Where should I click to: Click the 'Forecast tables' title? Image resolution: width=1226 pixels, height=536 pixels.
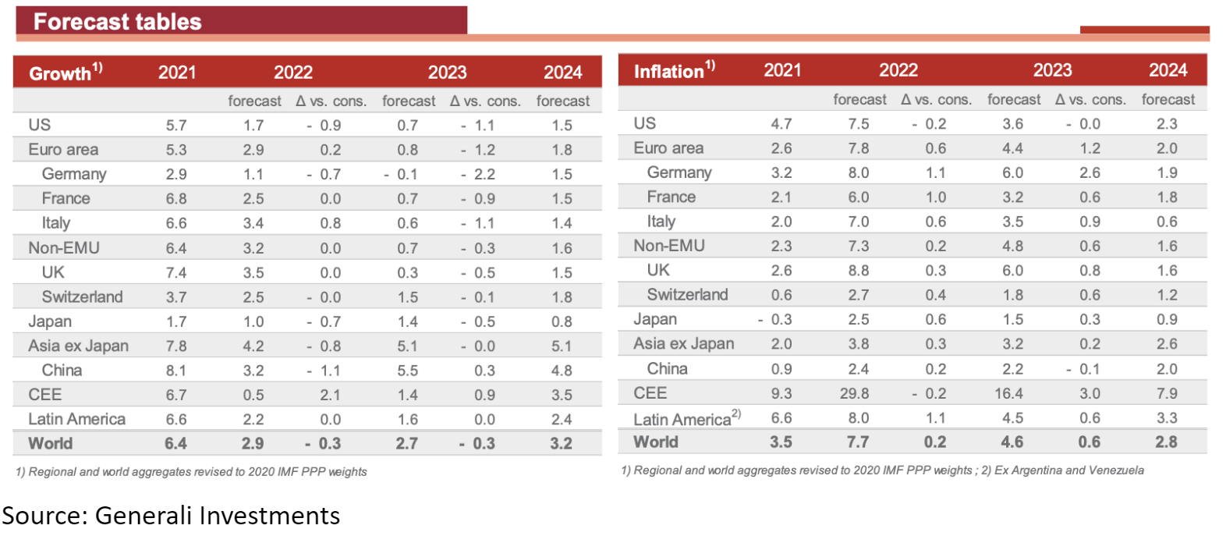[117, 22]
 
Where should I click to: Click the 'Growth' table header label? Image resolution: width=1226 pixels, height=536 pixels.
[60, 73]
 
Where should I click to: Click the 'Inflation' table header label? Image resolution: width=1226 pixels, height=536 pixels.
[668, 72]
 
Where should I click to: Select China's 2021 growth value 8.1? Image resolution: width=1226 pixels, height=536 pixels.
[175, 371]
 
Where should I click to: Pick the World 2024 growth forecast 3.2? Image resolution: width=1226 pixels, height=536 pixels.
[561, 444]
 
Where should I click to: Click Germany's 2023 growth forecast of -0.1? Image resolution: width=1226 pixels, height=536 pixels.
[401, 174]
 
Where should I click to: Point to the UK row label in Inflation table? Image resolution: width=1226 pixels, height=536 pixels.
[658, 270]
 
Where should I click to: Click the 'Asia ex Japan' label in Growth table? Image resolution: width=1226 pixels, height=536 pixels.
[78, 346]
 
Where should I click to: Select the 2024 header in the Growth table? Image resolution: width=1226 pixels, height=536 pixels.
[562, 73]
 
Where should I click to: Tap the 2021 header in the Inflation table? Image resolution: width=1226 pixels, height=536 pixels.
[782, 70]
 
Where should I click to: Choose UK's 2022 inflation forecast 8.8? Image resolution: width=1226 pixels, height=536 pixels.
[859, 271]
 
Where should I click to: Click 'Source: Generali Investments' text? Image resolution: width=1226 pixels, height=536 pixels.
[171, 516]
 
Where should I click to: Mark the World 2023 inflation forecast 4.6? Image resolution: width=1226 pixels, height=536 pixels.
[1012, 442]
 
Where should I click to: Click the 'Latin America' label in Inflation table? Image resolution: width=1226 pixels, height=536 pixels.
[682, 419]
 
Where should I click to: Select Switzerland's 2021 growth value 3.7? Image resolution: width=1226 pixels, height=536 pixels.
[175, 297]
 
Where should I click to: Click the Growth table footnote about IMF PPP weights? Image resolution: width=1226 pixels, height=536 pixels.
[191, 472]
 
